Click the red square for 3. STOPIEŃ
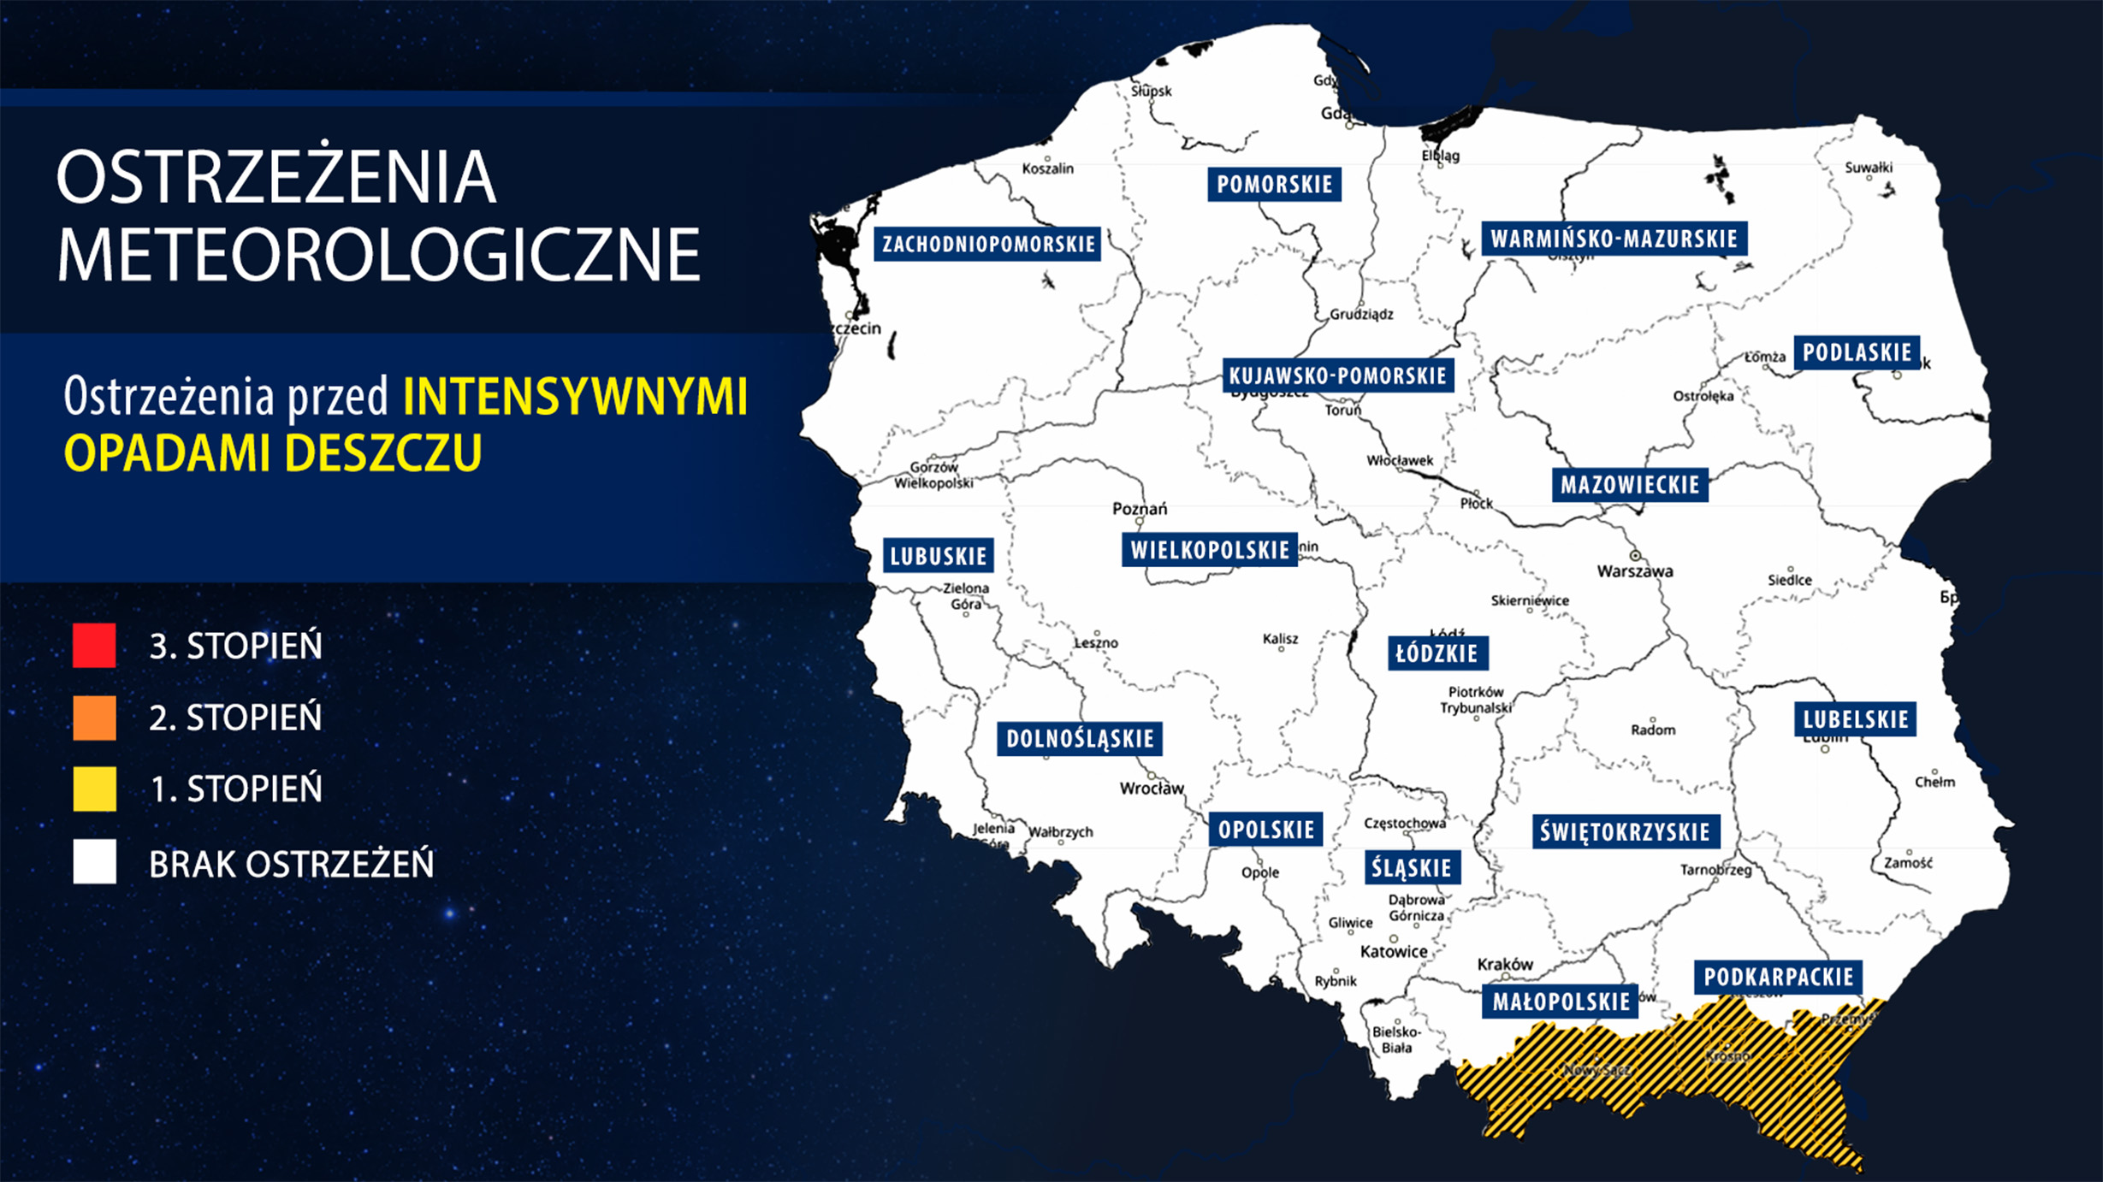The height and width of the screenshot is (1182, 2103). (x=94, y=645)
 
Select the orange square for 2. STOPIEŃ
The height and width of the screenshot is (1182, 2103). (x=94, y=717)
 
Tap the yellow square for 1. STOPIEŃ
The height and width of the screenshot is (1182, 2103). (x=94, y=788)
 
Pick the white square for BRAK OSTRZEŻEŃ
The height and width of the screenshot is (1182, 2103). (x=94, y=861)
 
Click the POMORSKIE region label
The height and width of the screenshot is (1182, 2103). (x=1274, y=184)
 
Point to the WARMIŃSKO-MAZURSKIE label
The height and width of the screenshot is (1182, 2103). (x=1614, y=239)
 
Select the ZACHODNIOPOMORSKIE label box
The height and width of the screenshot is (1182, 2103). (x=987, y=244)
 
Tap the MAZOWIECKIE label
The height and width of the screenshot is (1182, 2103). (x=1629, y=485)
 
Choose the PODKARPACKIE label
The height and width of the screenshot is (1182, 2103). (x=1778, y=977)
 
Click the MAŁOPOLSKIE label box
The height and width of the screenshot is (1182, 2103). (x=1561, y=1002)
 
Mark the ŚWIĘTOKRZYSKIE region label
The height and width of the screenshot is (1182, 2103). (x=1625, y=831)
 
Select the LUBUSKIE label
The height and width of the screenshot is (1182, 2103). (x=938, y=556)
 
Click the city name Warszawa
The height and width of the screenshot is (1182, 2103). (x=1635, y=571)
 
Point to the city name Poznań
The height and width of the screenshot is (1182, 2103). (x=1139, y=509)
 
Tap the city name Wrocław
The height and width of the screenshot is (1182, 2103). (x=1152, y=789)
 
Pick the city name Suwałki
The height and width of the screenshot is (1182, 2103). (x=1869, y=168)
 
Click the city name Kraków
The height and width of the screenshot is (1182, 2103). (x=1505, y=964)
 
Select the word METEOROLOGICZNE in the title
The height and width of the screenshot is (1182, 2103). (x=378, y=254)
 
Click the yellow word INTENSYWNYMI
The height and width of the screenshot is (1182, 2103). (x=575, y=397)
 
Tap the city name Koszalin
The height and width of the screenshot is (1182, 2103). (x=1047, y=168)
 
